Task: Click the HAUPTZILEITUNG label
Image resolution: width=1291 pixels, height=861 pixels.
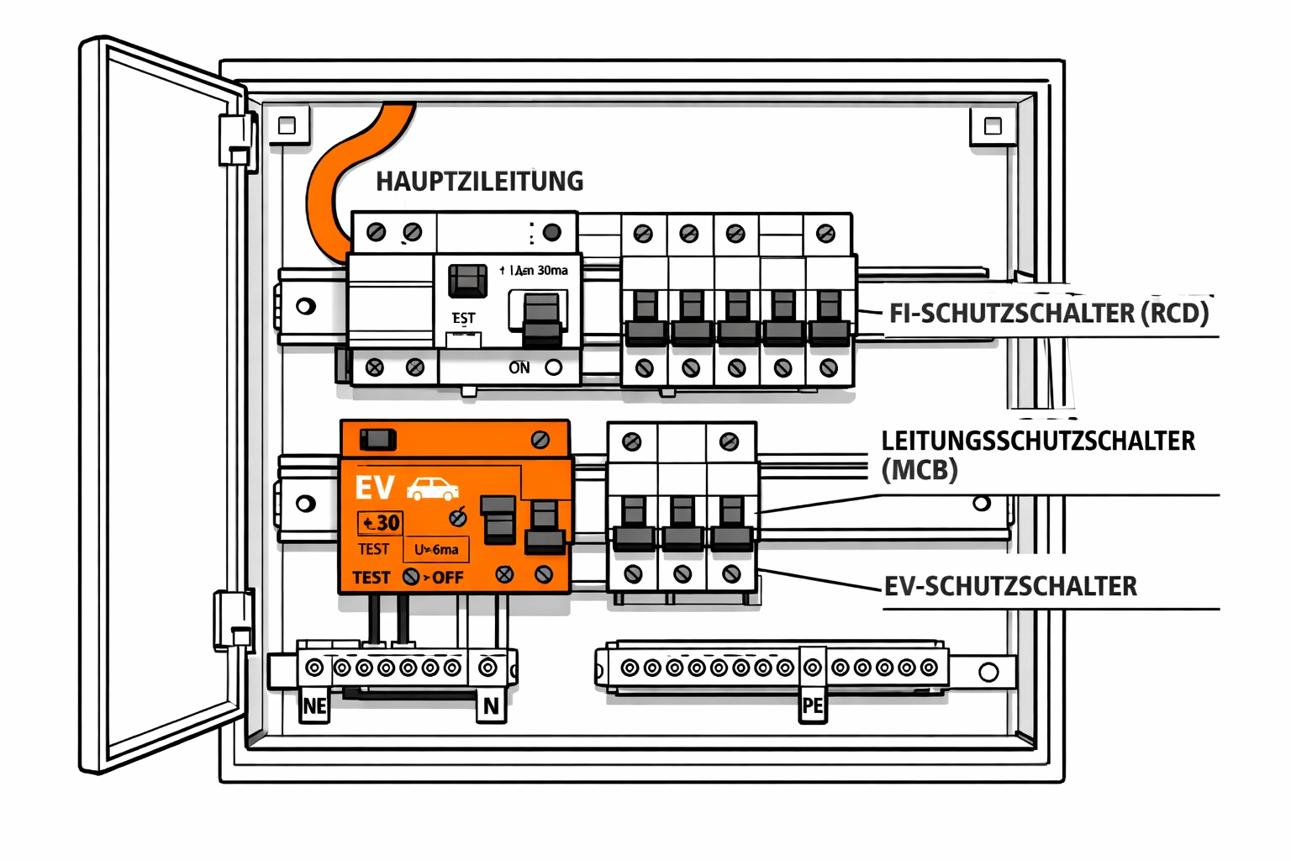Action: click(479, 182)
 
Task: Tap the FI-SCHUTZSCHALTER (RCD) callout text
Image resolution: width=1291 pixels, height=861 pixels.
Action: click(1049, 314)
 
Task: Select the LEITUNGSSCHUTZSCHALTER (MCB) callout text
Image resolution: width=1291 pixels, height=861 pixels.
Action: click(1037, 455)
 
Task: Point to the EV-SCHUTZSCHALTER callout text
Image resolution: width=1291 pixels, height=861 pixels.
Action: click(1010, 586)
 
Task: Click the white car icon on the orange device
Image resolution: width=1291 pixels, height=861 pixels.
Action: click(433, 489)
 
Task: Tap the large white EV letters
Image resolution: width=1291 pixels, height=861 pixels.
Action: click(375, 489)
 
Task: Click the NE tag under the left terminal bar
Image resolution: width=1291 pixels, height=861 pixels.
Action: click(314, 706)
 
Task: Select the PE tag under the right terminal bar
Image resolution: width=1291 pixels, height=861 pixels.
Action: click(812, 706)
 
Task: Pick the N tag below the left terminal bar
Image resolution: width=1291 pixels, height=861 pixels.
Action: click(491, 706)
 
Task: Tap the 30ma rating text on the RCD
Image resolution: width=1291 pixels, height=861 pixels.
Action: click(552, 271)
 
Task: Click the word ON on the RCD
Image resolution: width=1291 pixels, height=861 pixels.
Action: click(519, 367)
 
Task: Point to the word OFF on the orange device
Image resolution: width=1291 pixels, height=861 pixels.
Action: click(448, 578)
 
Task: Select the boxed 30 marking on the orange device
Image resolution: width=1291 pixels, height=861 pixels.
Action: click(381, 523)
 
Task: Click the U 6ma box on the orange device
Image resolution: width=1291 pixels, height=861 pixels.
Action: click(436, 550)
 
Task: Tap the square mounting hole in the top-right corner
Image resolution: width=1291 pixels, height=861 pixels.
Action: click(993, 126)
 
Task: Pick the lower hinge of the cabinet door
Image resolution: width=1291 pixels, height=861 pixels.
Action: click(233, 620)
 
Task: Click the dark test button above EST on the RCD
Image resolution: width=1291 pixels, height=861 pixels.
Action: click(467, 281)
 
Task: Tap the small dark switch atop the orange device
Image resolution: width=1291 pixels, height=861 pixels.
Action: click(377, 439)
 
